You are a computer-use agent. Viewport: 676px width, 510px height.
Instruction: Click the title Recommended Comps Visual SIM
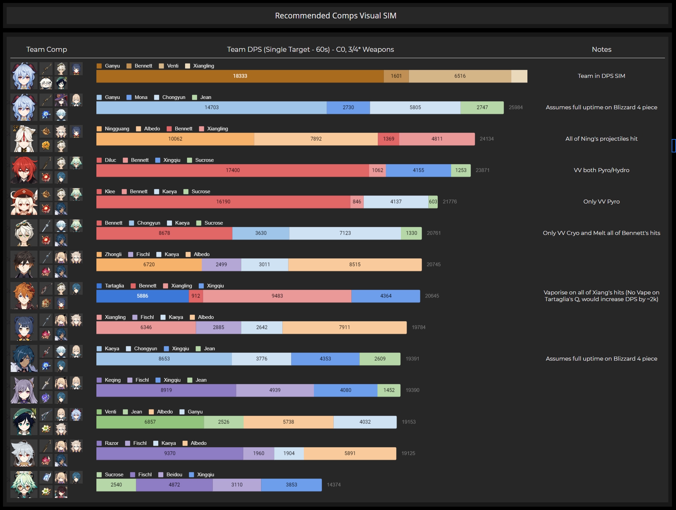click(335, 16)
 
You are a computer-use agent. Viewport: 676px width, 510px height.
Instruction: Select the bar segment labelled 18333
click(240, 76)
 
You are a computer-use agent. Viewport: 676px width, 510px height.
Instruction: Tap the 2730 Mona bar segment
click(348, 108)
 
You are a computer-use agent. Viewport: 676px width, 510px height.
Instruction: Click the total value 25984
click(515, 108)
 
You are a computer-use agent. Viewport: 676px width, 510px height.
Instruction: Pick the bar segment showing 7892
click(316, 139)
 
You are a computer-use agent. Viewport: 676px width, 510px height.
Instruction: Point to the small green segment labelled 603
click(433, 202)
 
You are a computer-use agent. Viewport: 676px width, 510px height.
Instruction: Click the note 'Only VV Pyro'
click(601, 202)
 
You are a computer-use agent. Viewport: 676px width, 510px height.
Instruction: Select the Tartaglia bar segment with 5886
click(142, 296)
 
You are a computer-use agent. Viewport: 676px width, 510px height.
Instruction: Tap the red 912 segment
click(196, 296)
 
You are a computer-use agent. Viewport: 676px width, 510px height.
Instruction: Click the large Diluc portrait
click(24, 170)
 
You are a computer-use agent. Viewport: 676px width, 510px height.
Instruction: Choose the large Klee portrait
click(24, 202)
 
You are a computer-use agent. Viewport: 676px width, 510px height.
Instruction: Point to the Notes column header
click(601, 49)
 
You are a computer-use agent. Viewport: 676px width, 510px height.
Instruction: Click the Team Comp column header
click(47, 49)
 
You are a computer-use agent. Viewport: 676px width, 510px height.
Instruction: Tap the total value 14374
click(334, 485)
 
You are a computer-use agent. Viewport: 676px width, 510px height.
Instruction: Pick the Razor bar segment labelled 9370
click(170, 454)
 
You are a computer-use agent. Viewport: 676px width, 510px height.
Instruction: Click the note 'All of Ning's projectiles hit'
click(601, 139)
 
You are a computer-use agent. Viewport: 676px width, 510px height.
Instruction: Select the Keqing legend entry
click(109, 380)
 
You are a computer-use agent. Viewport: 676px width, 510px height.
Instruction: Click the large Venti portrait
click(24, 421)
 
